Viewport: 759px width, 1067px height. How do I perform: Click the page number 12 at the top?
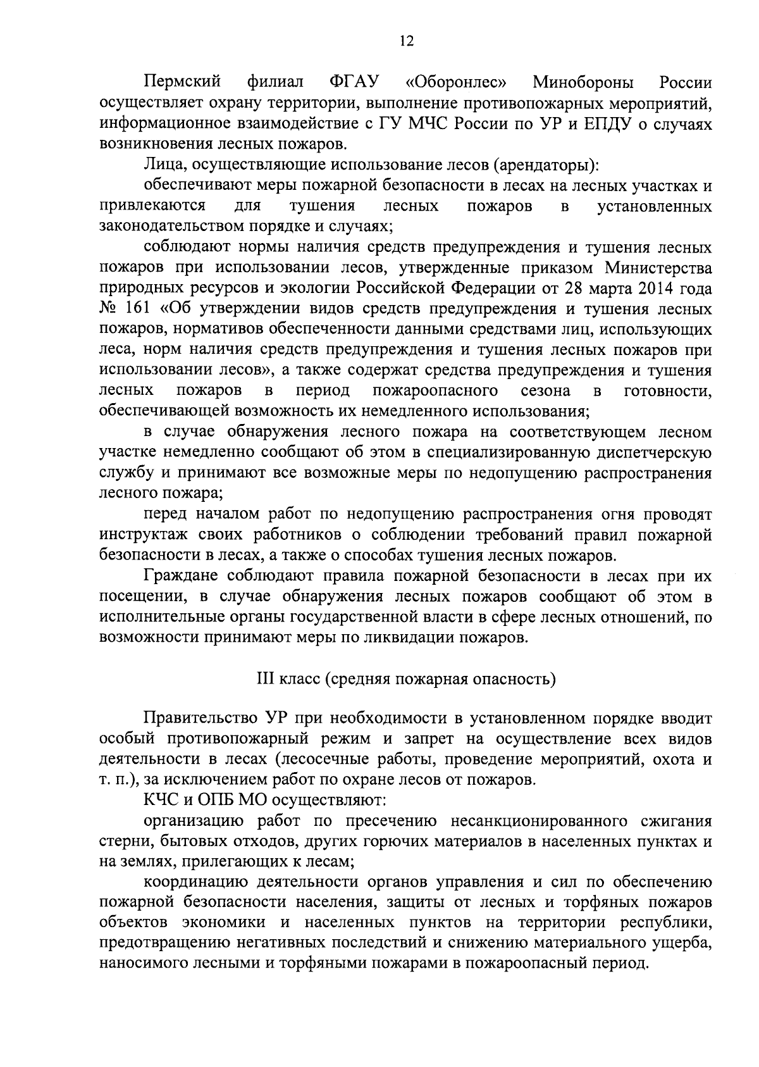(406, 41)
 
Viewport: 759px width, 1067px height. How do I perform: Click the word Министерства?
(658, 268)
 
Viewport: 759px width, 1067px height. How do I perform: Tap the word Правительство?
(196, 719)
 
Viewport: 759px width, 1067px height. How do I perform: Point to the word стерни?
(124, 842)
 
